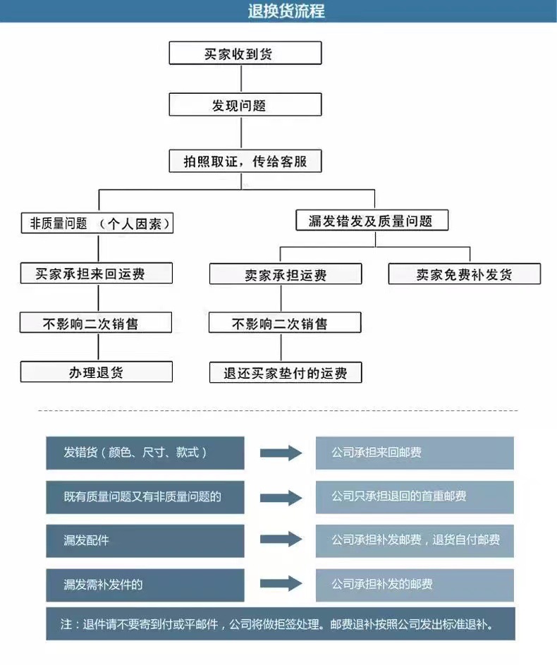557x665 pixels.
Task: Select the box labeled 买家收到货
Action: pyautogui.click(x=245, y=53)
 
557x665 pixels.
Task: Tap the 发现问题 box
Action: pyautogui.click(x=245, y=105)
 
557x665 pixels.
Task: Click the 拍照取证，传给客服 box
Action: pyautogui.click(x=245, y=161)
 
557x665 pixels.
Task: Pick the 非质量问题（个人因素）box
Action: pyautogui.click(x=97, y=224)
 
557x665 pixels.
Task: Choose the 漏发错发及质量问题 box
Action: pyautogui.click(x=371, y=221)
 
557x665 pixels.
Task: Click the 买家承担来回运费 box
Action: pyautogui.click(x=96, y=273)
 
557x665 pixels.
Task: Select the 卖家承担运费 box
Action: pyautogui.click(x=285, y=274)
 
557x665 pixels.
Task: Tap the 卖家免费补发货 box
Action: pyautogui.click(x=464, y=274)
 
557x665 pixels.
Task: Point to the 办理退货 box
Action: pyautogui.click(x=96, y=372)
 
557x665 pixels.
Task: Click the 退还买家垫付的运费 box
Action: pyautogui.click(x=285, y=372)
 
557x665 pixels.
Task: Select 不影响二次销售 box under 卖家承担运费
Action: pyautogui.click(x=285, y=324)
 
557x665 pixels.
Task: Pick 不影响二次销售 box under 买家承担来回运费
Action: pyautogui.click(x=96, y=323)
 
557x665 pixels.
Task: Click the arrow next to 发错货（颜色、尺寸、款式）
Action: pyautogui.click(x=281, y=453)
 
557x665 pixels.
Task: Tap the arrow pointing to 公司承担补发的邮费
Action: pyautogui.click(x=281, y=584)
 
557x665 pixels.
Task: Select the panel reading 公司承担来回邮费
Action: pyautogui.click(x=414, y=453)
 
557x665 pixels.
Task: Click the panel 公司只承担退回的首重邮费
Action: pyautogui.click(x=414, y=496)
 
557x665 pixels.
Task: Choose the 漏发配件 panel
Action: pyautogui.click(x=145, y=540)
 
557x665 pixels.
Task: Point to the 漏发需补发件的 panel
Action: pyautogui.click(x=145, y=584)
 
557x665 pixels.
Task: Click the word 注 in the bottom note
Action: pyautogui.click(x=66, y=624)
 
